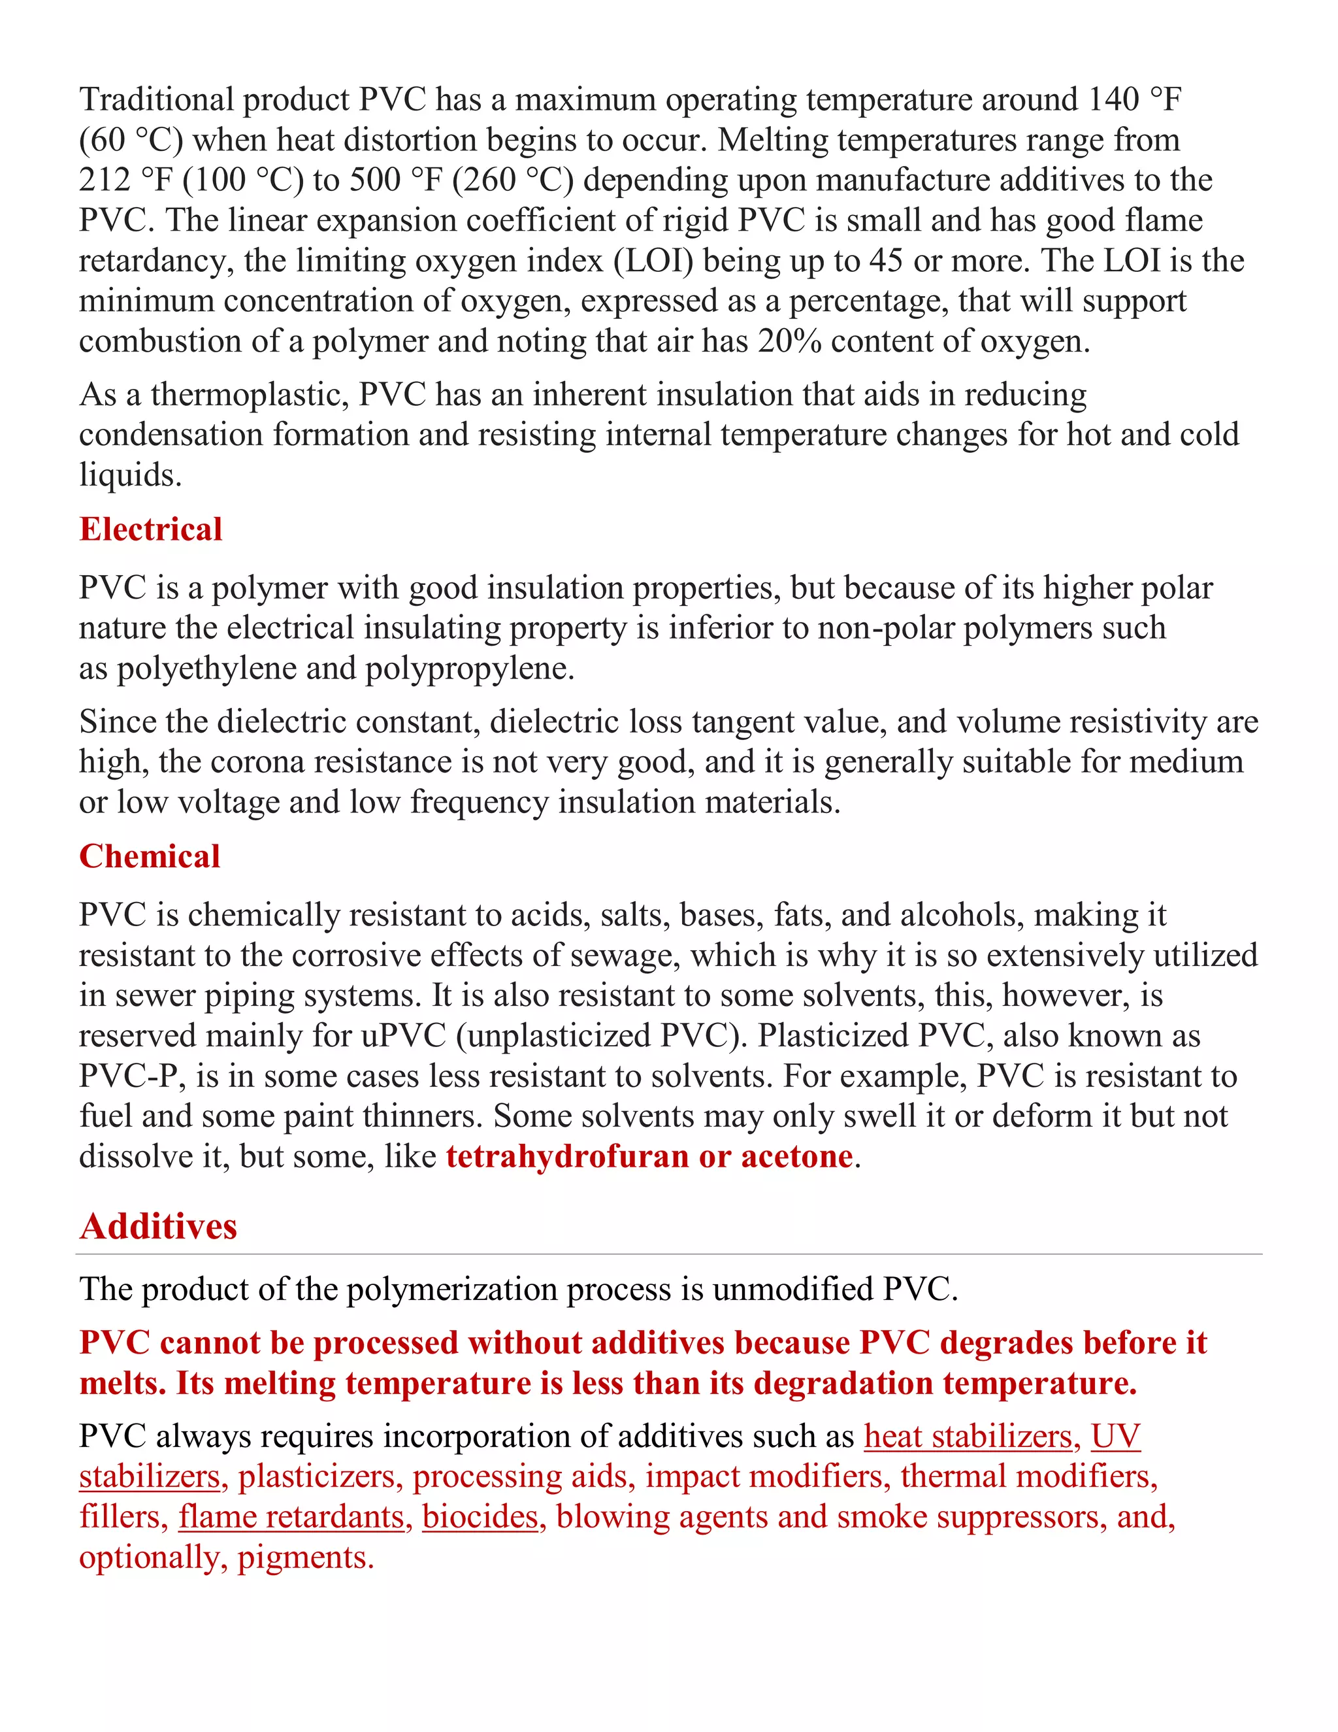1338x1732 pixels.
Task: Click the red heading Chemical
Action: point(149,856)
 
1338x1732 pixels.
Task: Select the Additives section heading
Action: point(159,1226)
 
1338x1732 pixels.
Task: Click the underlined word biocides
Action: point(480,1516)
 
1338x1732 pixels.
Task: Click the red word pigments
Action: point(304,1557)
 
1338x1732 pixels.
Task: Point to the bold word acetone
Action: point(796,1156)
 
